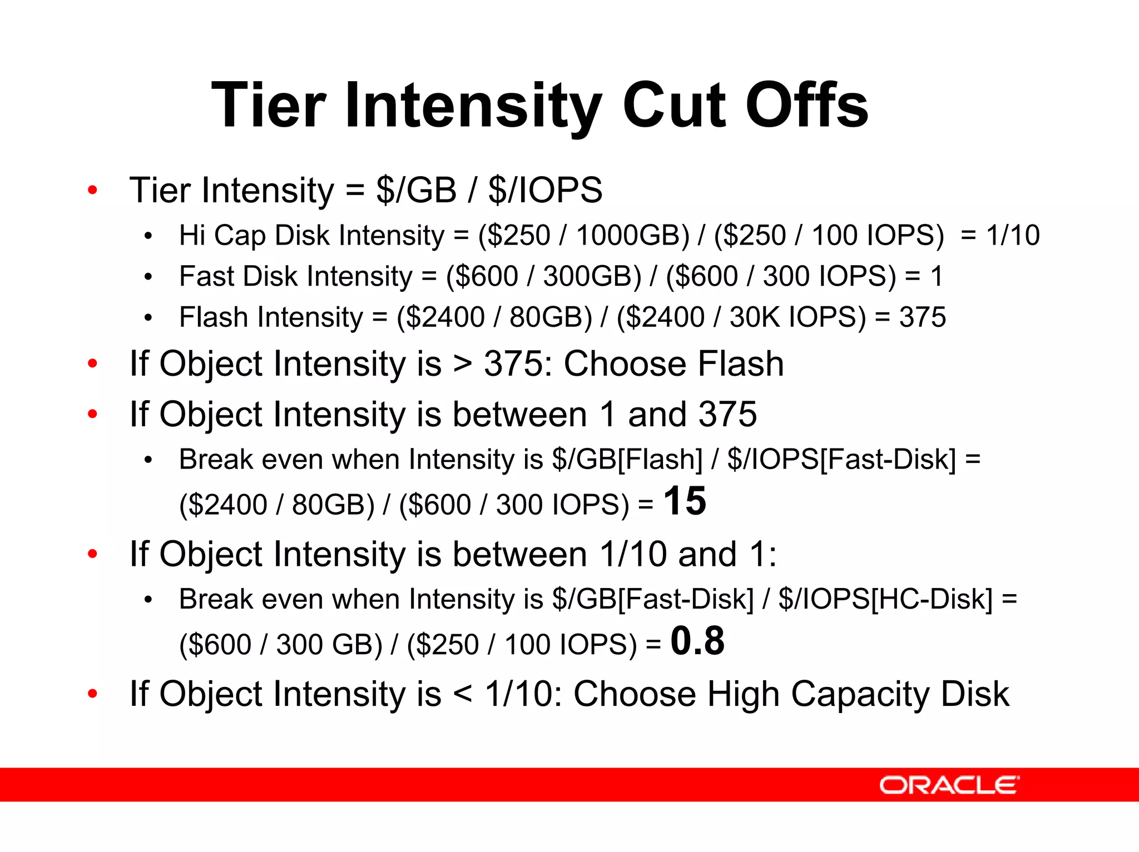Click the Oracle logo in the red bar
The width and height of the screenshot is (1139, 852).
point(949,785)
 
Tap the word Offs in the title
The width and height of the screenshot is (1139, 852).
point(806,106)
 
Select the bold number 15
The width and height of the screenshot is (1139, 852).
point(685,501)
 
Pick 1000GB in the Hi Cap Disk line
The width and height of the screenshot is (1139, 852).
point(632,235)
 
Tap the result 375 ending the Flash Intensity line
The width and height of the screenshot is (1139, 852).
point(923,317)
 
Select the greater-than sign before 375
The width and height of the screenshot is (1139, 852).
point(463,365)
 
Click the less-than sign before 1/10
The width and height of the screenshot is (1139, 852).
point(463,695)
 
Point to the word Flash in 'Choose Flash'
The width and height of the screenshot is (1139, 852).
point(740,364)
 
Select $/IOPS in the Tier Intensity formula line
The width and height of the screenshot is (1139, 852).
point(545,190)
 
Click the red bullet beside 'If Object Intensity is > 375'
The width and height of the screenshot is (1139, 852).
point(93,364)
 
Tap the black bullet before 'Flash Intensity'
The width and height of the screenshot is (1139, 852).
point(148,318)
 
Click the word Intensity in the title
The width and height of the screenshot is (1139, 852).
point(473,106)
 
